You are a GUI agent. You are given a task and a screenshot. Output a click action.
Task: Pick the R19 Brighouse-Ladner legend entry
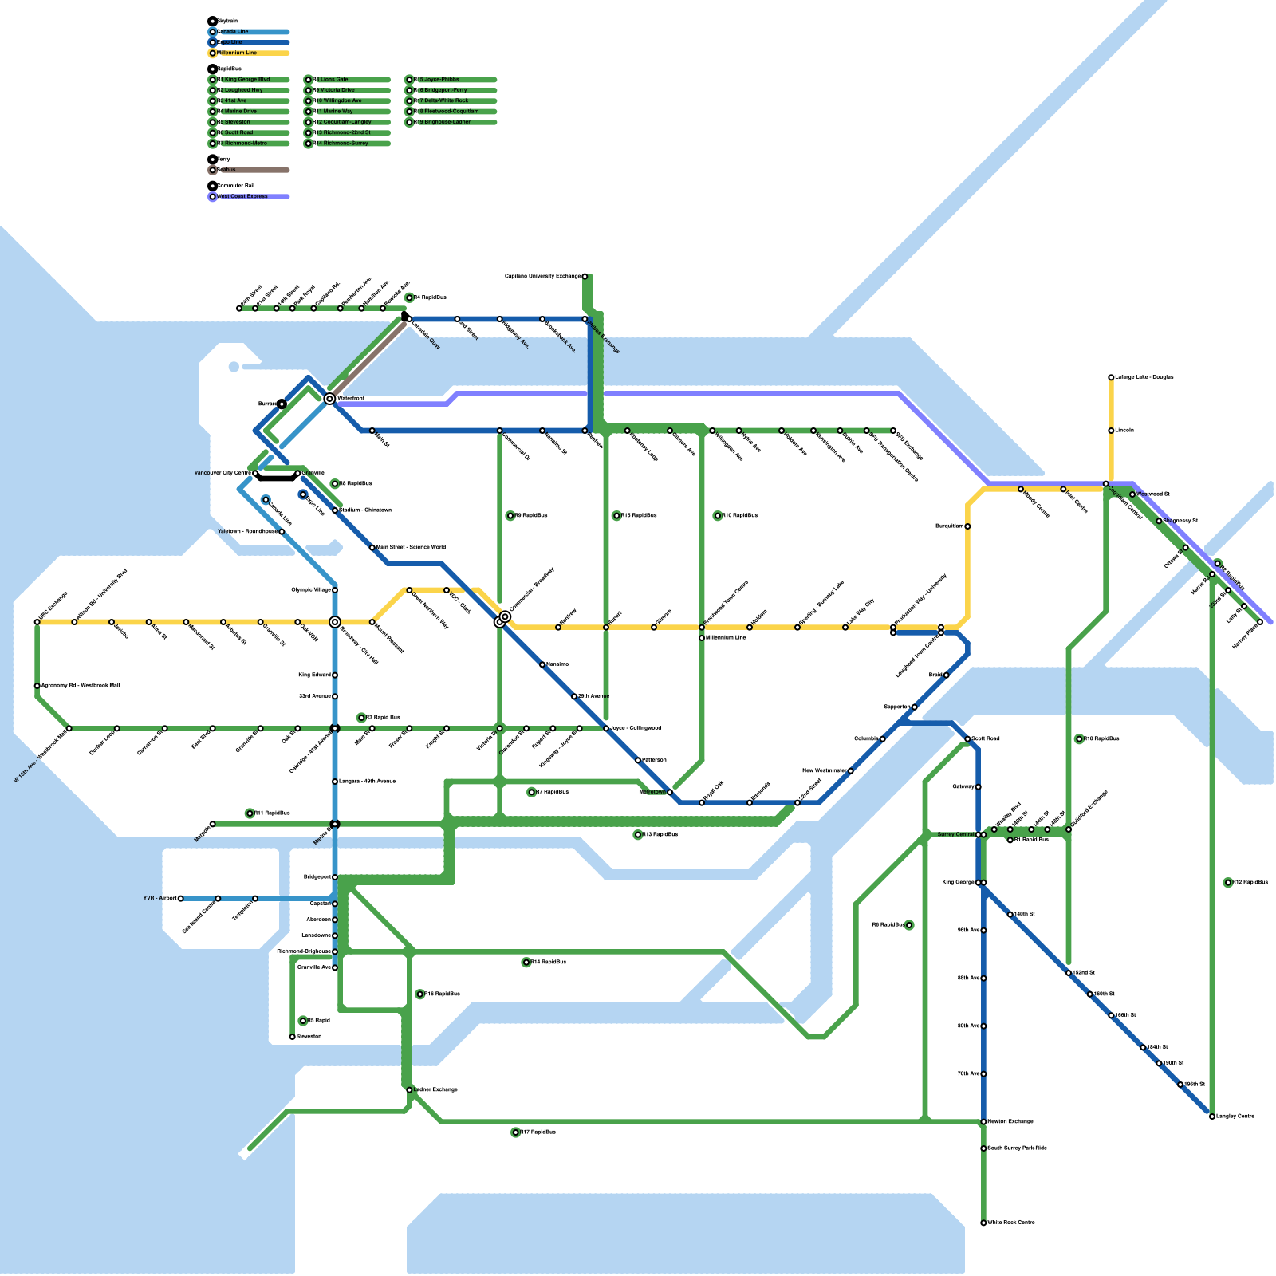pyautogui.click(x=451, y=122)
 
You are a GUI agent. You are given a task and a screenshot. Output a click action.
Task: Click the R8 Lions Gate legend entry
pyautogui.click(x=348, y=80)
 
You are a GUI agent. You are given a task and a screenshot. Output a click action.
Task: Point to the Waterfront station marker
pyautogui.click(x=329, y=399)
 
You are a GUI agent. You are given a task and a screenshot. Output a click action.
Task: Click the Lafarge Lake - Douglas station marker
pyautogui.click(x=1111, y=377)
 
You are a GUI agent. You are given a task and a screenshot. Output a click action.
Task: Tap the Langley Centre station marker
pyautogui.click(x=1212, y=1116)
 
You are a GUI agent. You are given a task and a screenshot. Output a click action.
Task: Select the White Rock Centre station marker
pyautogui.click(x=983, y=1223)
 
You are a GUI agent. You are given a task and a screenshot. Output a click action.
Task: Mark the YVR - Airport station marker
pyautogui.click(x=181, y=899)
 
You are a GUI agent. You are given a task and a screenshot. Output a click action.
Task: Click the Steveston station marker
pyautogui.click(x=293, y=1037)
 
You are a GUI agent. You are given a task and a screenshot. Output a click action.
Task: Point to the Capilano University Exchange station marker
pyautogui.click(x=585, y=277)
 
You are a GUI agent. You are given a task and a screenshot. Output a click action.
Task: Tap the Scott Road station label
pyautogui.click(x=986, y=738)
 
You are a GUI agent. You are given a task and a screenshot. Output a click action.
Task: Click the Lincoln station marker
pyautogui.click(x=1111, y=431)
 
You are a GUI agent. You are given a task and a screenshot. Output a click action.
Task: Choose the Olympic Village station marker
pyautogui.click(x=335, y=590)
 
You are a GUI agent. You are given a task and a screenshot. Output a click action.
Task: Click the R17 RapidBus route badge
pyautogui.click(x=516, y=1132)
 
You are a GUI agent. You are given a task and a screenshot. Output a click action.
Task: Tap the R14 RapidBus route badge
pyautogui.click(x=526, y=963)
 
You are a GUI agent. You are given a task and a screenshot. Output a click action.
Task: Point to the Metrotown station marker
pyautogui.click(x=670, y=792)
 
